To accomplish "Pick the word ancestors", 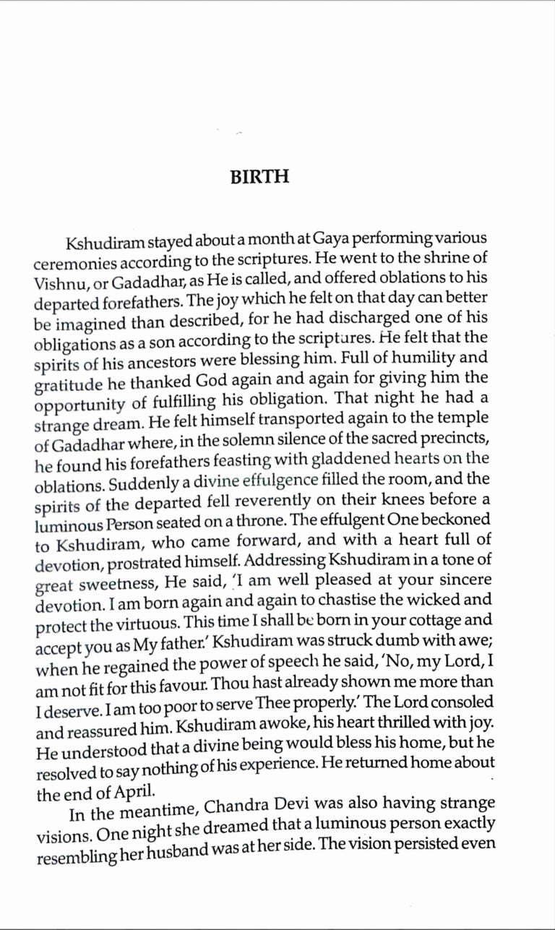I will coord(139,356).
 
